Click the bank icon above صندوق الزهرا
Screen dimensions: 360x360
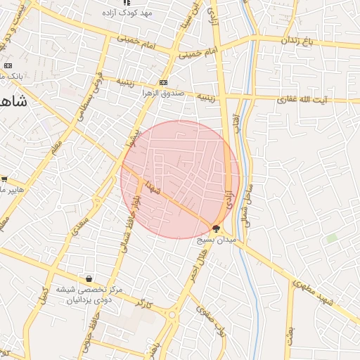click(x=164, y=82)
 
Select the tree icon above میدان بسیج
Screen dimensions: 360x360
click(x=216, y=229)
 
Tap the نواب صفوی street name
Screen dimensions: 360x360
click(x=211, y=323)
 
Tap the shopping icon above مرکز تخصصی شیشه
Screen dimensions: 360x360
click(x=89, y=279)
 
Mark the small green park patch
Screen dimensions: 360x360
click(x=331, y=238)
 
